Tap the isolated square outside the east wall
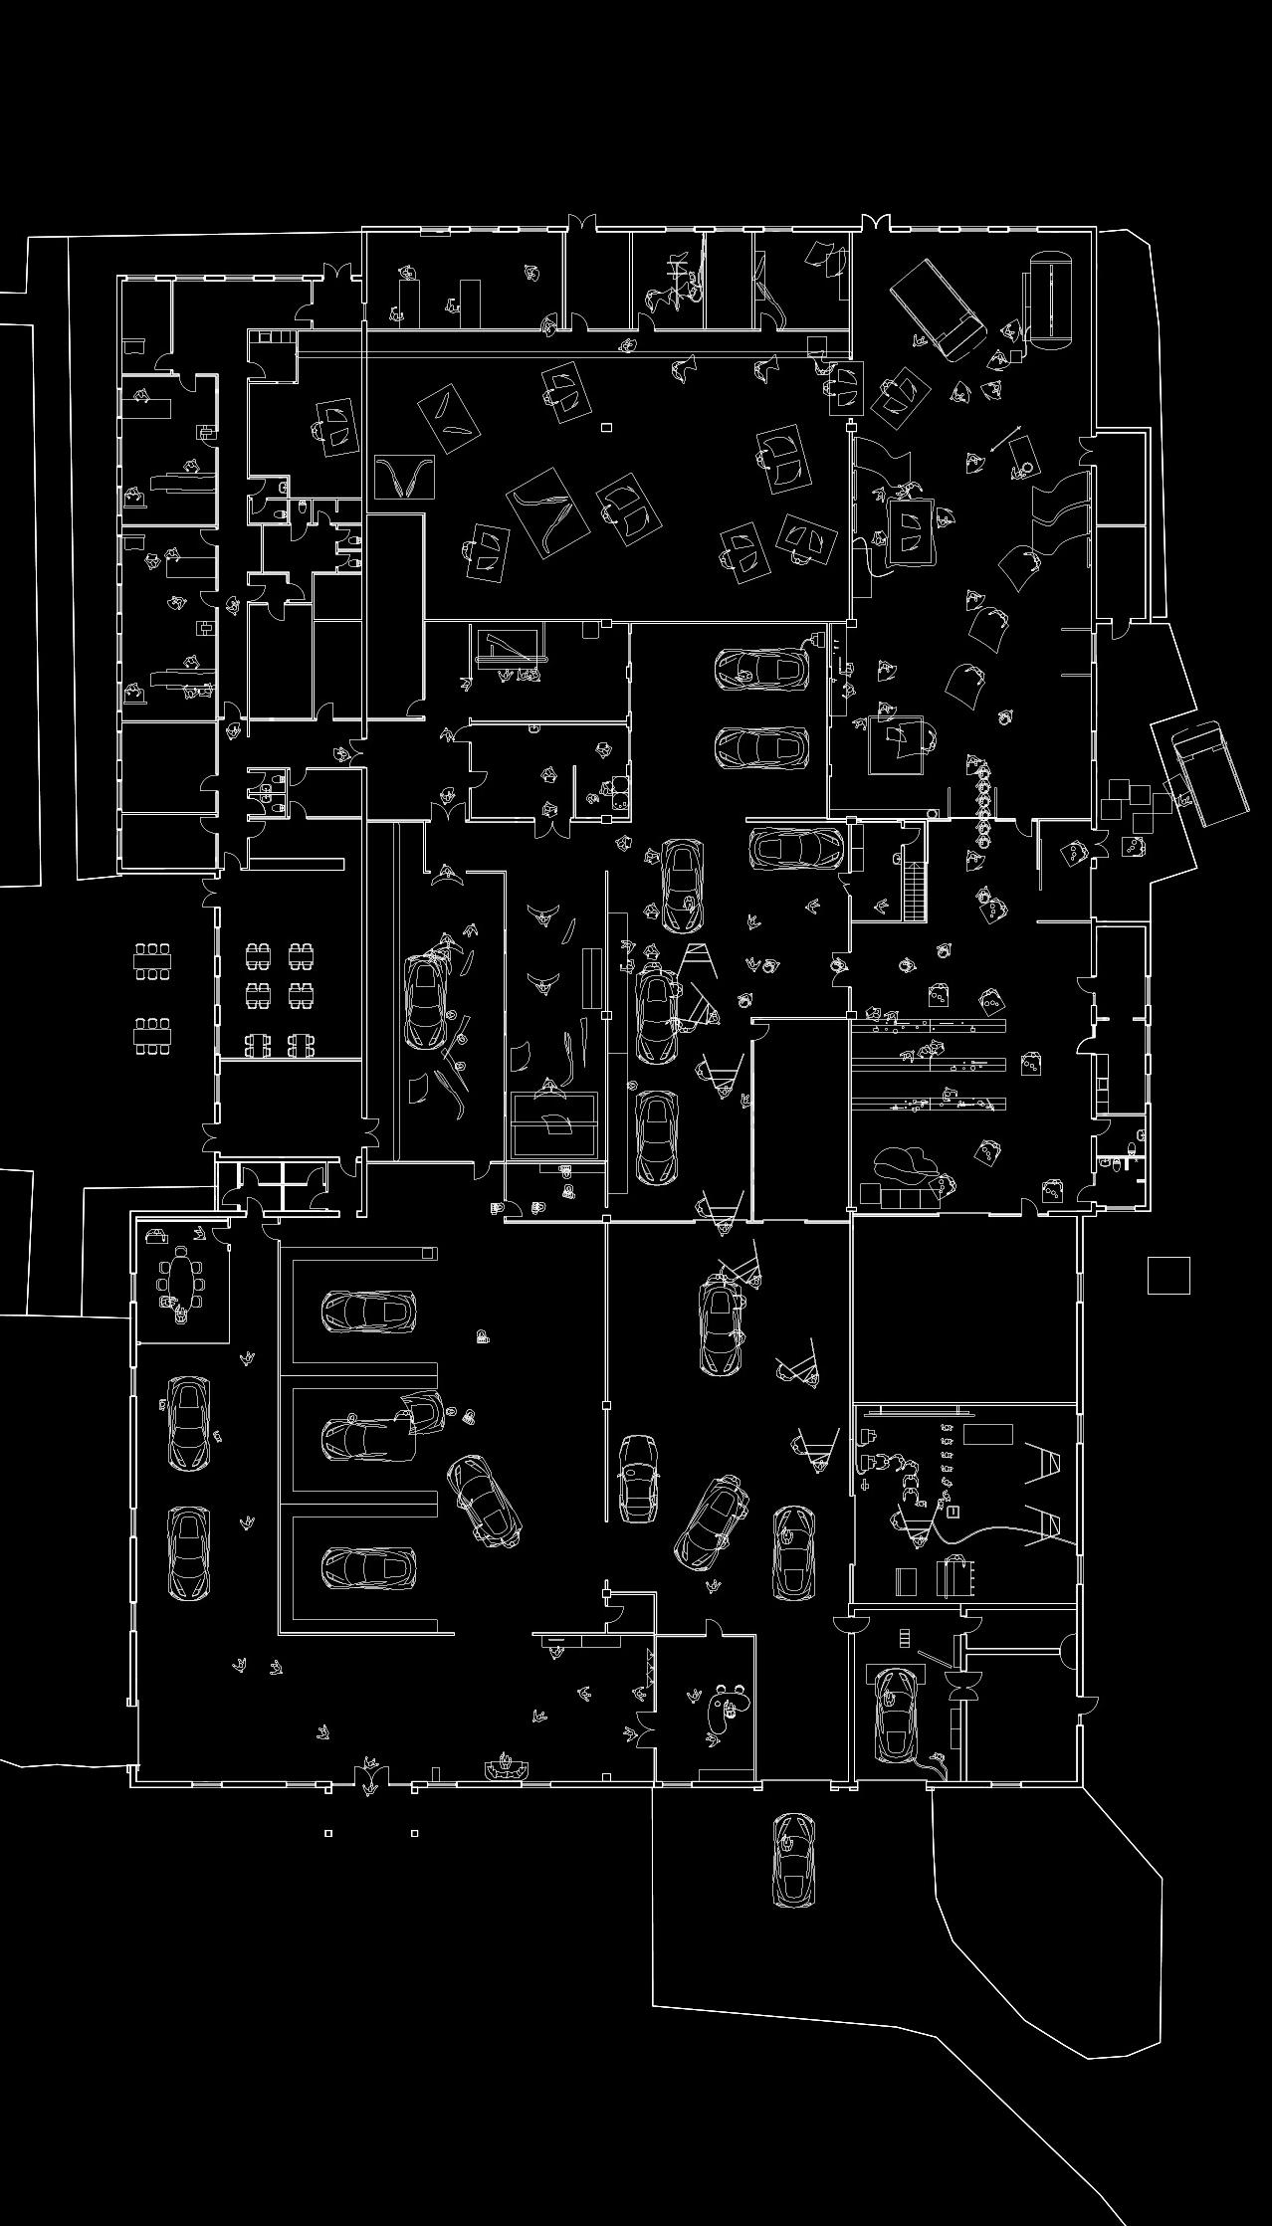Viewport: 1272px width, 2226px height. click(1168, 1276)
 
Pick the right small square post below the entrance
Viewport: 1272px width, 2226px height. click(414, 1832)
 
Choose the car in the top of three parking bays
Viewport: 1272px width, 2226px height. click(368, 1311)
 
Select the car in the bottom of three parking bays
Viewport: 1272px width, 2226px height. click(368, 1566)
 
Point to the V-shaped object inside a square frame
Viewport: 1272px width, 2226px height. click(404, 477)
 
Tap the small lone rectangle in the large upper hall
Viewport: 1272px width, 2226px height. click(606, 427)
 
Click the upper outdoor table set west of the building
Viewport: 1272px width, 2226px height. click(153, 960)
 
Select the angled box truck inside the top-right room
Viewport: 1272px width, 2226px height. click(937, 309)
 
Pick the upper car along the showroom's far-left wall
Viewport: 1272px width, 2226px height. click(188, 1422)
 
